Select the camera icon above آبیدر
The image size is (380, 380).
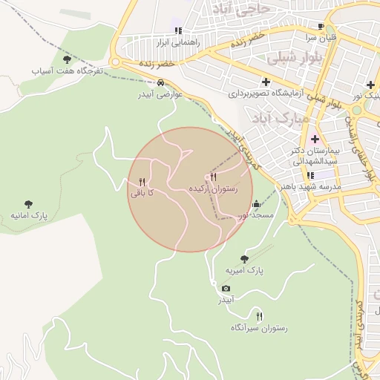[226, 288]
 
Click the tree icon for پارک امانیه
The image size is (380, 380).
[28, 204]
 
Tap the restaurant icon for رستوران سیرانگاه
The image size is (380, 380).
[258, 315]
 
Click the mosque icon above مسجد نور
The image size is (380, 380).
[257, 204]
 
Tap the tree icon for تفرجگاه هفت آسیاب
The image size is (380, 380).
[67, 59]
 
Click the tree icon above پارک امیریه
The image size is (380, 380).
[244, 259]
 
